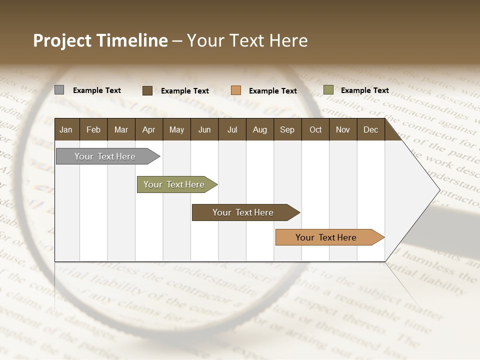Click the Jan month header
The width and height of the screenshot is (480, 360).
(66, 129)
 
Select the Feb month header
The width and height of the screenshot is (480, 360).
(93, 129)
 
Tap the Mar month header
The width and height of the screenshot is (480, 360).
(121, 129)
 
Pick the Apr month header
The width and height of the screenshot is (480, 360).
(149, 129)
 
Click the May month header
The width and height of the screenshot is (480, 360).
(176, 129)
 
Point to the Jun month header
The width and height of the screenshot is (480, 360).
(204, 129)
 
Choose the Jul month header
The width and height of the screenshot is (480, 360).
(232, 129)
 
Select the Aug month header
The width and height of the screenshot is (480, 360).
(260, 129)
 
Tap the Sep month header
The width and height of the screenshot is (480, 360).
(287, 129)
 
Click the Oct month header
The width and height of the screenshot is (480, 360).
(315, 129)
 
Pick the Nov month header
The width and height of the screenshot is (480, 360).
(343, 129)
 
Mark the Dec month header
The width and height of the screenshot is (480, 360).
(371, 129)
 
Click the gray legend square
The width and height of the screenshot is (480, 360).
(59, 90)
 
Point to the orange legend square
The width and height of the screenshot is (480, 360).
(236, 90)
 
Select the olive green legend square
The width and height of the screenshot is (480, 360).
(328, 90)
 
